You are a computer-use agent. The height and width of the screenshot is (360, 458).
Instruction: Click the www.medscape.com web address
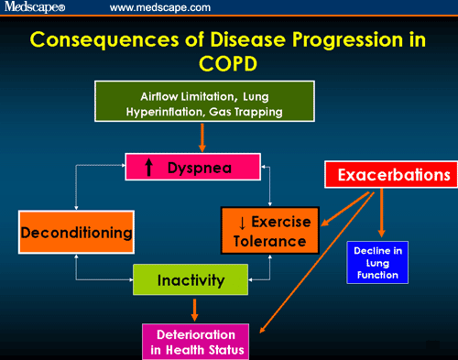[159, 7]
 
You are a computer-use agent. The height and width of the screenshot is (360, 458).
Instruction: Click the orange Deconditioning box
[77, 233]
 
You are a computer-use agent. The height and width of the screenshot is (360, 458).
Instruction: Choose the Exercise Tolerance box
[267, 231]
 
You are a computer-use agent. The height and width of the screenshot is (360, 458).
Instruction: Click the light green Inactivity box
[192, 280]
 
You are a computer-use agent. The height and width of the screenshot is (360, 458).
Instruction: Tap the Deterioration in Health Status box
[199, 340]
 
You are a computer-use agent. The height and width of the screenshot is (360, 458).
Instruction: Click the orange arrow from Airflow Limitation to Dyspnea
[201, 136]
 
